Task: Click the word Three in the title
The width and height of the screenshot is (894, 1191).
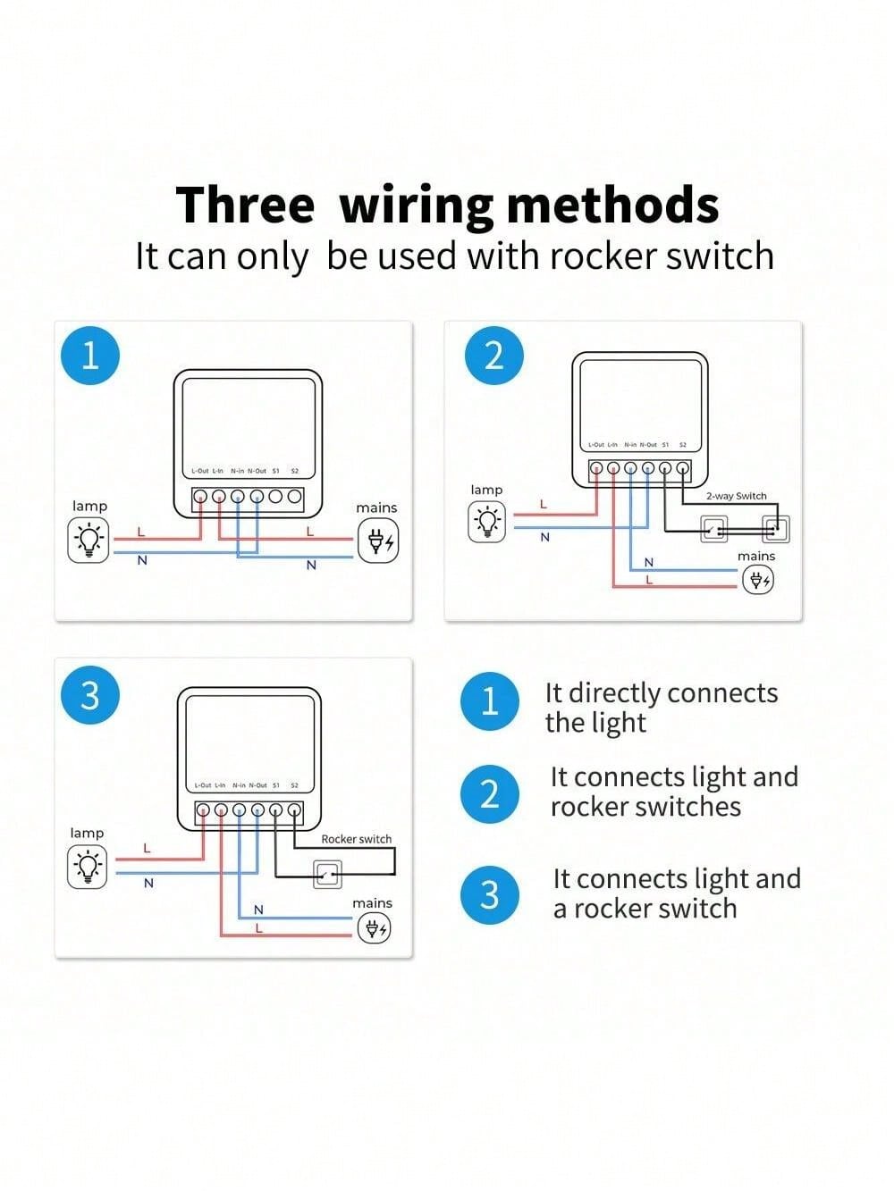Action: [x=245, y=205]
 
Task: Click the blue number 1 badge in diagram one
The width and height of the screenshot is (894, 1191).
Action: [x=89, y=356]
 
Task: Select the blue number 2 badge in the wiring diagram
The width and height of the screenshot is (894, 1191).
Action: [x=494, y=356]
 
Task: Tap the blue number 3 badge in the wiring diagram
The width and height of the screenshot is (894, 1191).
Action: [x=89, y=694]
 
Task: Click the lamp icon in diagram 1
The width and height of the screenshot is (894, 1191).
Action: [x=89, y=540]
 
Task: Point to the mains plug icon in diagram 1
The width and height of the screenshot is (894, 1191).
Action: [x=377, y=541]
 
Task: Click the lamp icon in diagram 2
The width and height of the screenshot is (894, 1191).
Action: [x=486, y=521]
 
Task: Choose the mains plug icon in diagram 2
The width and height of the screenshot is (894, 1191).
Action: [x=757, y=580]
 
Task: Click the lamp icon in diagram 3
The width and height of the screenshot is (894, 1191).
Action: [x=87, y=867]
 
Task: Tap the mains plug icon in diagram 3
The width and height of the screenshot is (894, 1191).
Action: [x=373, y=929]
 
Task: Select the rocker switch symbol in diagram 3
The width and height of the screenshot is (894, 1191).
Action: [x=327, y=874]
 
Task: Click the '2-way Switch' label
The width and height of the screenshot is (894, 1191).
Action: [x=736, y=496]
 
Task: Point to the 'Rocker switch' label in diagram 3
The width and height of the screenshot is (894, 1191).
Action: [x=356, y=839]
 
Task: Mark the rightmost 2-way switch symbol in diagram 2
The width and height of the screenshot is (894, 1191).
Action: [x=775, y=529]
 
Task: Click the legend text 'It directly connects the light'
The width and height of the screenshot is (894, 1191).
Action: [x=662, y=707]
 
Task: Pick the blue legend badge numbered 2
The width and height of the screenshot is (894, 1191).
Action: [x=489, y=793]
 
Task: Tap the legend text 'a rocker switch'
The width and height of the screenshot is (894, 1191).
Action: [x=645, y=909]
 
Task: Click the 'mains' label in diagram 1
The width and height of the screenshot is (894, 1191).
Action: [x=376, y=507]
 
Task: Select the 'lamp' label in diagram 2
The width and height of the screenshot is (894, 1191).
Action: [x=486, y=490]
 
